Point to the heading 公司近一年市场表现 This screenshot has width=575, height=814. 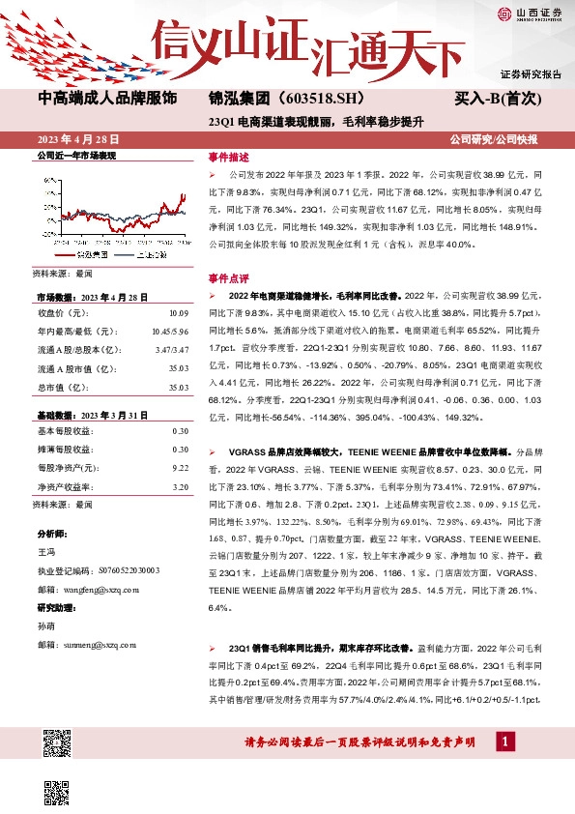click(x=75, y=155)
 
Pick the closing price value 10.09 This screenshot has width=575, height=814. click(x=179, y=313)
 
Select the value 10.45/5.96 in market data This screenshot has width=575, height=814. click(x=170, y=332)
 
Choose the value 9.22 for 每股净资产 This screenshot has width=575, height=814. click(x=180, y=467)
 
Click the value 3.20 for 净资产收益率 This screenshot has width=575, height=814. click(x=180, y=486)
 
